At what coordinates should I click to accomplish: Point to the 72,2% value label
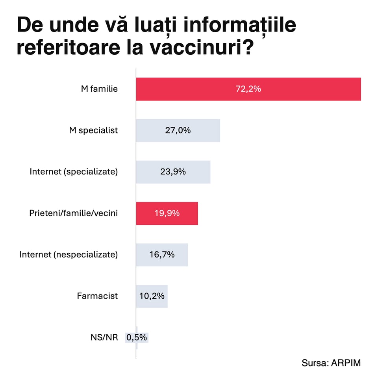pyautogui.click(x=248, y=89)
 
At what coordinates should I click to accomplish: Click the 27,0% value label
pyautogui.click(x=178, y=130)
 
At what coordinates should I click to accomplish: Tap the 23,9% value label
pyautogui.click(x=173, y=172)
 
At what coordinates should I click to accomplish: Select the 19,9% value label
pyautogui.click(x=167, y=213)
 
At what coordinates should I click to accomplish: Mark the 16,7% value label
pyautogui.click(x=162, y=255)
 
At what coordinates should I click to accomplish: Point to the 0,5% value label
pyautogui.click(x=137, y=337)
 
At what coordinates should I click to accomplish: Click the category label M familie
pyautogui.click(x=100, y=89)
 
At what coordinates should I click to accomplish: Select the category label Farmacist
pyautogui.click(x=97, y=296)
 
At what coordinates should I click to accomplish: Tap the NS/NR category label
pyautogui.click(x=104, y=337)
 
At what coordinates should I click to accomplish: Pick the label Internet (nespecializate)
pyautogui.click(x=69, y=255)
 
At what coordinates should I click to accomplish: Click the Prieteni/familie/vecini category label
pyautogui.click(x=73, y=213)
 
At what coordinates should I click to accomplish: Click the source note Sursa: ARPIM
pyautogui.click(x=331, y=363)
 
